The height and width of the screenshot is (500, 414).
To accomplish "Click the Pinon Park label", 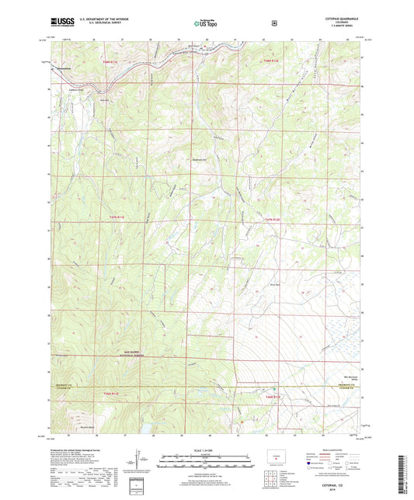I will [x=316, y=284].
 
